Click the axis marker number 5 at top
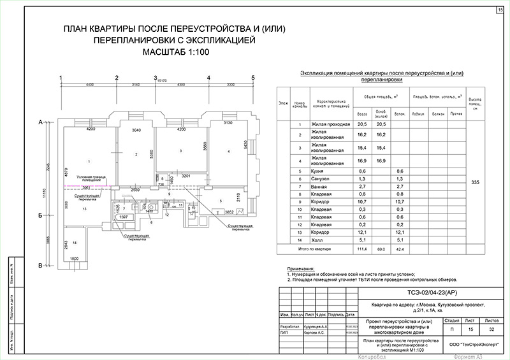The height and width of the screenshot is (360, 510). tap(253, 78)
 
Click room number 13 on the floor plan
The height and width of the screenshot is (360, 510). tap(84, 209)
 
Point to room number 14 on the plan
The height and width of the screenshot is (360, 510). tap(75, 243)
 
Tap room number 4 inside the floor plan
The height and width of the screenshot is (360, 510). tap(228, 151)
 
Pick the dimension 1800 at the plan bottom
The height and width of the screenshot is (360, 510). tap(74, 259)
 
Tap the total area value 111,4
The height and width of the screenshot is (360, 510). tap(362, 248)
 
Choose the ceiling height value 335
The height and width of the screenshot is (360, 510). tap(475, 182)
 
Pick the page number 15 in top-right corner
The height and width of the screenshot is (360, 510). tap(499, 10)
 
